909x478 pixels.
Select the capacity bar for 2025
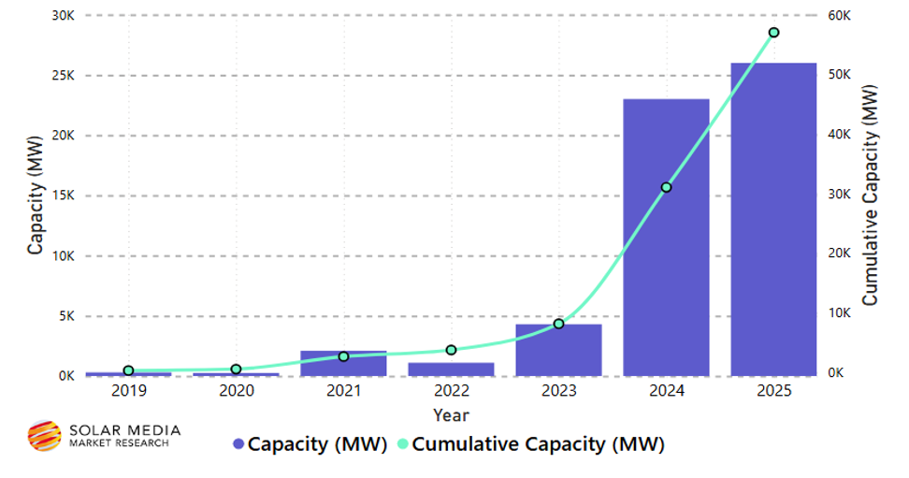pos(773,219)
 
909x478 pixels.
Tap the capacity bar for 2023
pos(558,350)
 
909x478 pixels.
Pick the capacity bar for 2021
pos(343,364)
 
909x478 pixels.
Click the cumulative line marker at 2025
pos(773,33)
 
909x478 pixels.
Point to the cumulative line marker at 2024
pos(666,187)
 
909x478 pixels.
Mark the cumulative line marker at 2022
pos(451,350)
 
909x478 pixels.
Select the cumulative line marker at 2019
pos(128,370)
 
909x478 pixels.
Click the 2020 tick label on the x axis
pos(236,390)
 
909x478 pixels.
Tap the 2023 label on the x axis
pos(558,390)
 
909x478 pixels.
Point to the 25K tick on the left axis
pos(63,76)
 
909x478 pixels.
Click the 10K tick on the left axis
pos(63,255)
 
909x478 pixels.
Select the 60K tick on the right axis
pos(838,16)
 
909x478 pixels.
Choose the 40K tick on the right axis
pos(838,135)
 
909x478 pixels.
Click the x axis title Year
pos(451,413)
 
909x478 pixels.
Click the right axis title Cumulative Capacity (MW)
pos(870,196)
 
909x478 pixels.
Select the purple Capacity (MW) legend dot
pos(238,444)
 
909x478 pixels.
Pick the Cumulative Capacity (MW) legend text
pos(537,444)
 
